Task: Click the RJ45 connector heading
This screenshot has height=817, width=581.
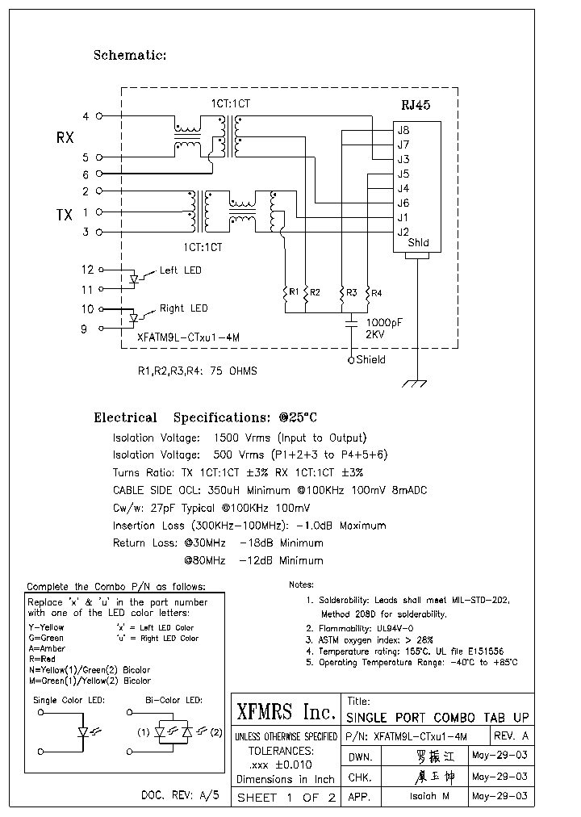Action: (416, 107)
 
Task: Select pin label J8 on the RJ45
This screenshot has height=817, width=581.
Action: (403, 130)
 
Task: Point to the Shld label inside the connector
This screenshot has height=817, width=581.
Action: (418, 243)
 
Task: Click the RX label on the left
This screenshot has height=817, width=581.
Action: (65, 138)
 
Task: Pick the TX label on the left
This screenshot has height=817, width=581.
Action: (65, 215)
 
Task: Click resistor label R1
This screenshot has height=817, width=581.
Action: (295, 291)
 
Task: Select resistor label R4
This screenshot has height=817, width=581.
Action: (377, 291)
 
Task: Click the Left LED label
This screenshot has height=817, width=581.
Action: (181, 270)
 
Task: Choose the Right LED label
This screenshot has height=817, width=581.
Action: (183, 308)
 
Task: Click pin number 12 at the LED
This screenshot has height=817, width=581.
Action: (88, 270)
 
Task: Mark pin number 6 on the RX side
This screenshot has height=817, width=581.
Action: (86, 174)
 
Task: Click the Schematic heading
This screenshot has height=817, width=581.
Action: (130, 56)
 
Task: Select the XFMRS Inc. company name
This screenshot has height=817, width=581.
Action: (286, 712)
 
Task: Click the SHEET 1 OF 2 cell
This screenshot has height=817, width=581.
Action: (286, 798)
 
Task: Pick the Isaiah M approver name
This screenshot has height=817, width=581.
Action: (424, 796)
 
